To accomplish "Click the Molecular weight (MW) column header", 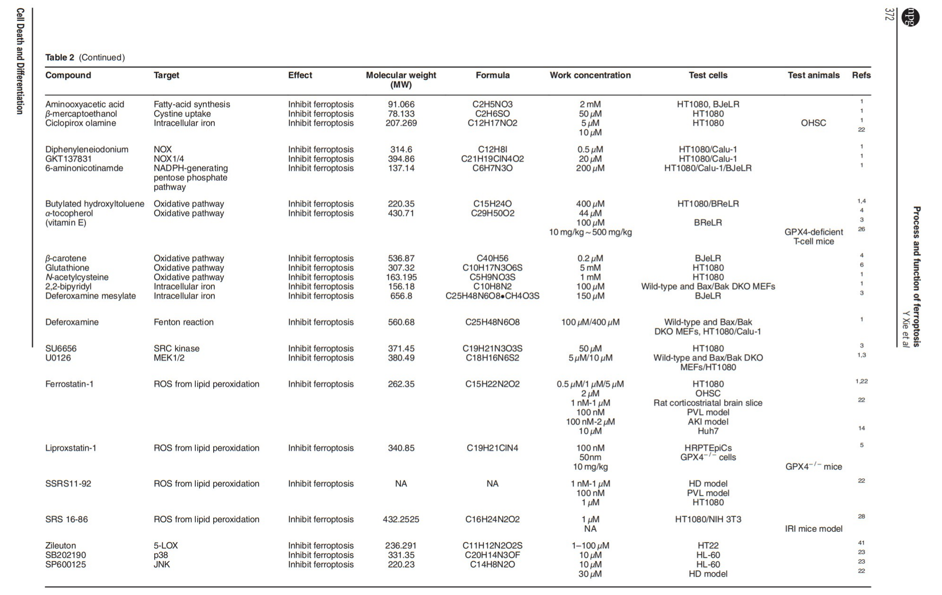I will pyautogui.click(x=401, y=80).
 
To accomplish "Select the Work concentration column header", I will pyautogui.click(x=590, y=75).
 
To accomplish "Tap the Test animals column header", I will pyautogui.click(x=813, y=75).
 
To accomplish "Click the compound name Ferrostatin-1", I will pyautogui.click(x=69, y=384).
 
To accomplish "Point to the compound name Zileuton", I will pyautogui.click(x=60, y=545).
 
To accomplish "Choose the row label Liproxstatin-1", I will pyautogui.click(x=71, y=448).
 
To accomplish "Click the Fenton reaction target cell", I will pyautogui.click(x=183, y=322).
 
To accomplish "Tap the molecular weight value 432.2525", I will pyautogui.click(x=401, y=520).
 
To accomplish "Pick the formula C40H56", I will pyautogui.click(x=492, y=259).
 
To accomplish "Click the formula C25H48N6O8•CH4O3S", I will pyautogui.click(x=492, y=296).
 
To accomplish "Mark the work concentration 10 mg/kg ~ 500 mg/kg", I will pyautogui.click(x=590, y=232).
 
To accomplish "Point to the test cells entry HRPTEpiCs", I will pyautogui.click(x=708, y=448).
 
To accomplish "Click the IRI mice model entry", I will pyautogui.click(x=813, y=529).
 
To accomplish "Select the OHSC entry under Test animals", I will pyautogui.click(x=813, y=123).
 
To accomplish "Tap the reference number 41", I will pyautogui.click(x=861, y=543).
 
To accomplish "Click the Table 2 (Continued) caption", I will pyautogui.click(x=85, y=58).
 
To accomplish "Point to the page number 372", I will pyautogui.click(x=890, y=14).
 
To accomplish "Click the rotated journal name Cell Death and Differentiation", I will pyautogui.click(x=20, y=61).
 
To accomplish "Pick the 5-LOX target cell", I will pyautogui.click(x=166, y=545).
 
